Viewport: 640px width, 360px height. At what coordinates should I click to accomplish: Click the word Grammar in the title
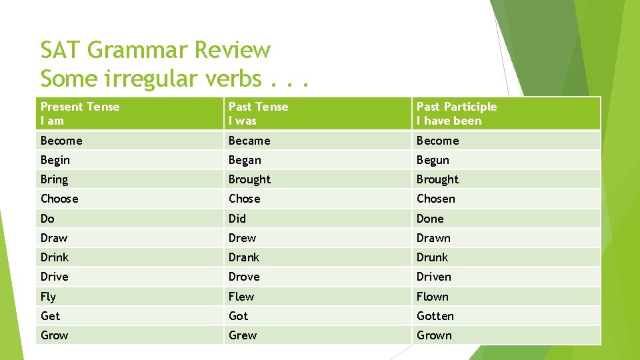click(x=139, y=51)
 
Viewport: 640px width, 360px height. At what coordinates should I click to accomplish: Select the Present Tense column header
click(x=80, y=113)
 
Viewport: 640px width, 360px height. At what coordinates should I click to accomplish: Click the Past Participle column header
click(x=457, y=113)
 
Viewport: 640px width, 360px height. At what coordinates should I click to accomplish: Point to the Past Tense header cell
click(x=259, y=113)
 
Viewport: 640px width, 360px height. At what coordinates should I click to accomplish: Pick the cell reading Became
click(x=249, y=141)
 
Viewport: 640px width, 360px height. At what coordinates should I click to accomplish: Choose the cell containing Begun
click(x=433, y=160)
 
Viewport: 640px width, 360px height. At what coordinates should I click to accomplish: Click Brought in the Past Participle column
click(x=437, y=179)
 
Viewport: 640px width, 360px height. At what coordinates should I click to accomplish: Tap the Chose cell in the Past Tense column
click(x=244, y=199)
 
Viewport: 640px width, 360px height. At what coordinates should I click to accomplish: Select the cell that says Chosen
click(x=435, y=199)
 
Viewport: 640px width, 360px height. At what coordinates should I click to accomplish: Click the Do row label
click(x=47, y=219)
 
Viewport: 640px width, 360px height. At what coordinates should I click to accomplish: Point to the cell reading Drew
click(x=242, y=238)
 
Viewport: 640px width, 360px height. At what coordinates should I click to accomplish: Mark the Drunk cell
click(x=432, y=257)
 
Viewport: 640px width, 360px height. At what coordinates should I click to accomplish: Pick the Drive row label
click(x=54, y=277)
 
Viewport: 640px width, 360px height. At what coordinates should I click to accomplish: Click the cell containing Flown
click(x=432, y=297)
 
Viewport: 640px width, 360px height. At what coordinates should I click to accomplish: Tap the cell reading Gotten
click(x=435, y=316)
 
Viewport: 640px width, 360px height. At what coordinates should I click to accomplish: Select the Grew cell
click(x=242, y=335)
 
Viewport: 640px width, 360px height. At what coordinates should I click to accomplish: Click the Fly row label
click(x=48, y=297)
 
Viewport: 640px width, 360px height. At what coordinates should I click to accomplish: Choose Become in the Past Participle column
click(x=437, y=141)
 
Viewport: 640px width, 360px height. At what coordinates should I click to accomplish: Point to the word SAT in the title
click(x=61, y=51)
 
